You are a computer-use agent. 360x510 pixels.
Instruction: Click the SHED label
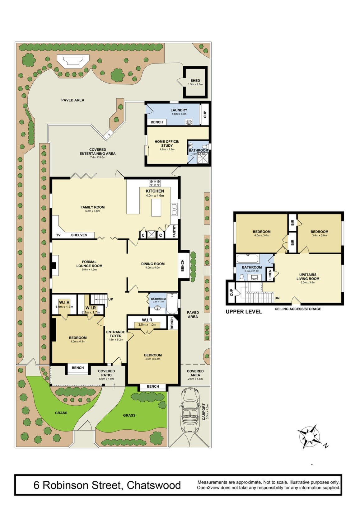point(195,80)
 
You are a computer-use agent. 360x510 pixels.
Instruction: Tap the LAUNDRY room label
point(179,110)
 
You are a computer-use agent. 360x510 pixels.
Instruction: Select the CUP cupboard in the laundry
point(205,115)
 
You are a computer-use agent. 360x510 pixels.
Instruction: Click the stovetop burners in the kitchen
point(155,182)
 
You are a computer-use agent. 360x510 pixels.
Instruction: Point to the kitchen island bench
point(156,207)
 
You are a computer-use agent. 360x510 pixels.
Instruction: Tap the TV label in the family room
point(58,235)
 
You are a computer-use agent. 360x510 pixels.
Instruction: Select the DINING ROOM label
point(153,264)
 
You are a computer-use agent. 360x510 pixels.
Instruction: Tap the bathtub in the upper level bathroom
point(247,259)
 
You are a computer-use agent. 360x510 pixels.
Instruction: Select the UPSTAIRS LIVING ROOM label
point(308,276)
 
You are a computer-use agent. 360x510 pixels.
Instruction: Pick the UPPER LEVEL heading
point(244,312)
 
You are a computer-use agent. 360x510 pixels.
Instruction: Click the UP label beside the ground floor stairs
point(110,300)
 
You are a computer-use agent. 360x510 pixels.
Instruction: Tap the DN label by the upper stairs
point(277,298)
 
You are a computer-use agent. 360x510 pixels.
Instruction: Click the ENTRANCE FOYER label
point(116,334)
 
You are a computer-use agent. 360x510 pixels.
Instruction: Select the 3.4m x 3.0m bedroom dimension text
point(319,235)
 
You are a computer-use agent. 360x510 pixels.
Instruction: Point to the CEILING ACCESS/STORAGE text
point(298,309)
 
